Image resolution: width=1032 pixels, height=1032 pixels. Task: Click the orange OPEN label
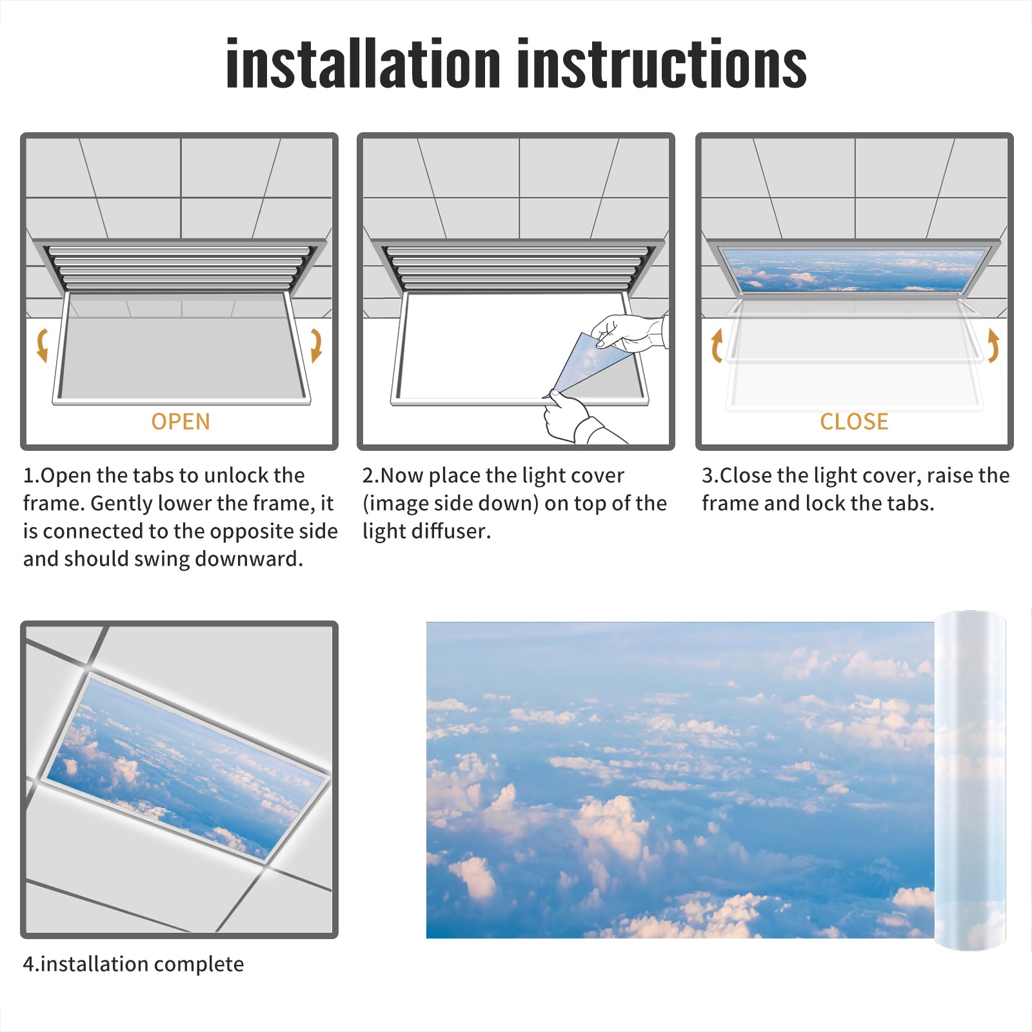(x=181, y=422)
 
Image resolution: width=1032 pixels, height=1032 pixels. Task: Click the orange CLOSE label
(x=854, y=422)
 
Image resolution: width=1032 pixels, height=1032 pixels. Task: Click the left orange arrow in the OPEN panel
(x=41, y=344)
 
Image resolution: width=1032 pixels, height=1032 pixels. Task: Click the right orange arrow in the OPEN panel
(x=317, y=345)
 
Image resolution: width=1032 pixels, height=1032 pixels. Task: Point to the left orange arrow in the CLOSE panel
(x=716, y=345)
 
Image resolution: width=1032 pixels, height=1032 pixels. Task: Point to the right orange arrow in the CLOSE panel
(x=994, y=345)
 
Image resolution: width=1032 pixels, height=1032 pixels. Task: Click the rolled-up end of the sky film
(x=971, y=780)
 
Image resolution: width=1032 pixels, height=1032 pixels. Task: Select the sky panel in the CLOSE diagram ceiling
(x=854, y=270)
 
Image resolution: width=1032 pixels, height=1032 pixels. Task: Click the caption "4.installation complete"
(x=134, y=964)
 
